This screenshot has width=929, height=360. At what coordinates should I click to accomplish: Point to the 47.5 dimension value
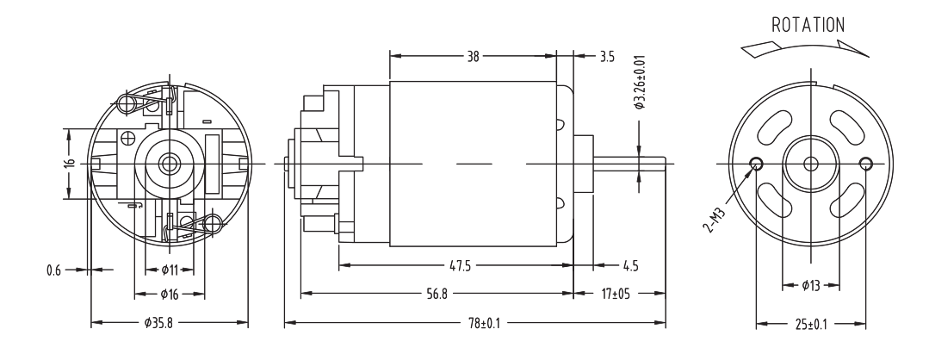point(460,264)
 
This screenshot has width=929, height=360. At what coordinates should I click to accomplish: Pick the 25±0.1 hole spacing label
point(811,324)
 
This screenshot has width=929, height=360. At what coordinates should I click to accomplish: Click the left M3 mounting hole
point(757,163)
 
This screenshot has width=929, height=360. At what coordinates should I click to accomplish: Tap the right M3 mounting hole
point(865,163)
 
